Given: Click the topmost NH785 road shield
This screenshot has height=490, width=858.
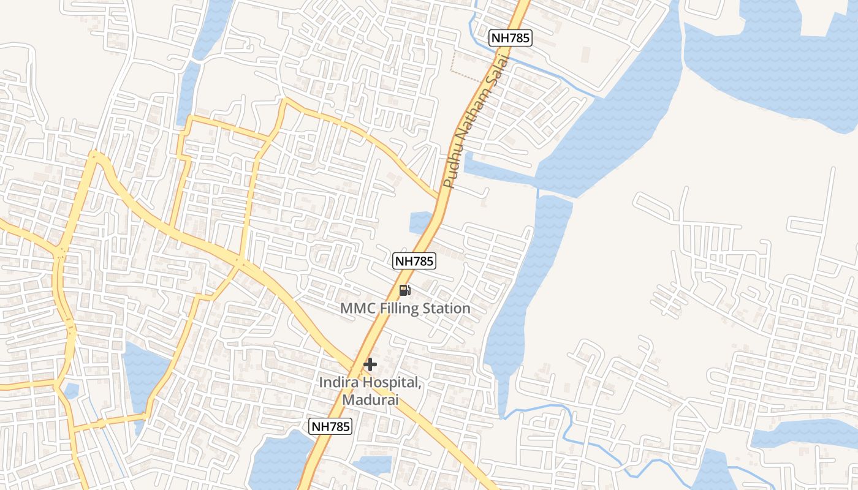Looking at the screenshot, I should pos(511,38).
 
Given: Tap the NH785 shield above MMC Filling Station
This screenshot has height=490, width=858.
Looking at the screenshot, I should pos(414,261).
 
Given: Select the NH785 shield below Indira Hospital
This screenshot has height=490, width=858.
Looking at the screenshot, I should pos(331,426).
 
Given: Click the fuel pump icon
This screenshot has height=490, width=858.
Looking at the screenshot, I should pos(404,290).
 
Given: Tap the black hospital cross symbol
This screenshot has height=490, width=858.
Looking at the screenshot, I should pos(370,364).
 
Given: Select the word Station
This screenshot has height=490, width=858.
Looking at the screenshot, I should pos(449,308).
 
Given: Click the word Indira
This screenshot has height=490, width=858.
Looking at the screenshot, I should pos(339,383).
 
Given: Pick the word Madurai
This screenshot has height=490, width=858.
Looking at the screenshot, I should pos(371,400).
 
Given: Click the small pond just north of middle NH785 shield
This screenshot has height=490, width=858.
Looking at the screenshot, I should pos(420,222).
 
